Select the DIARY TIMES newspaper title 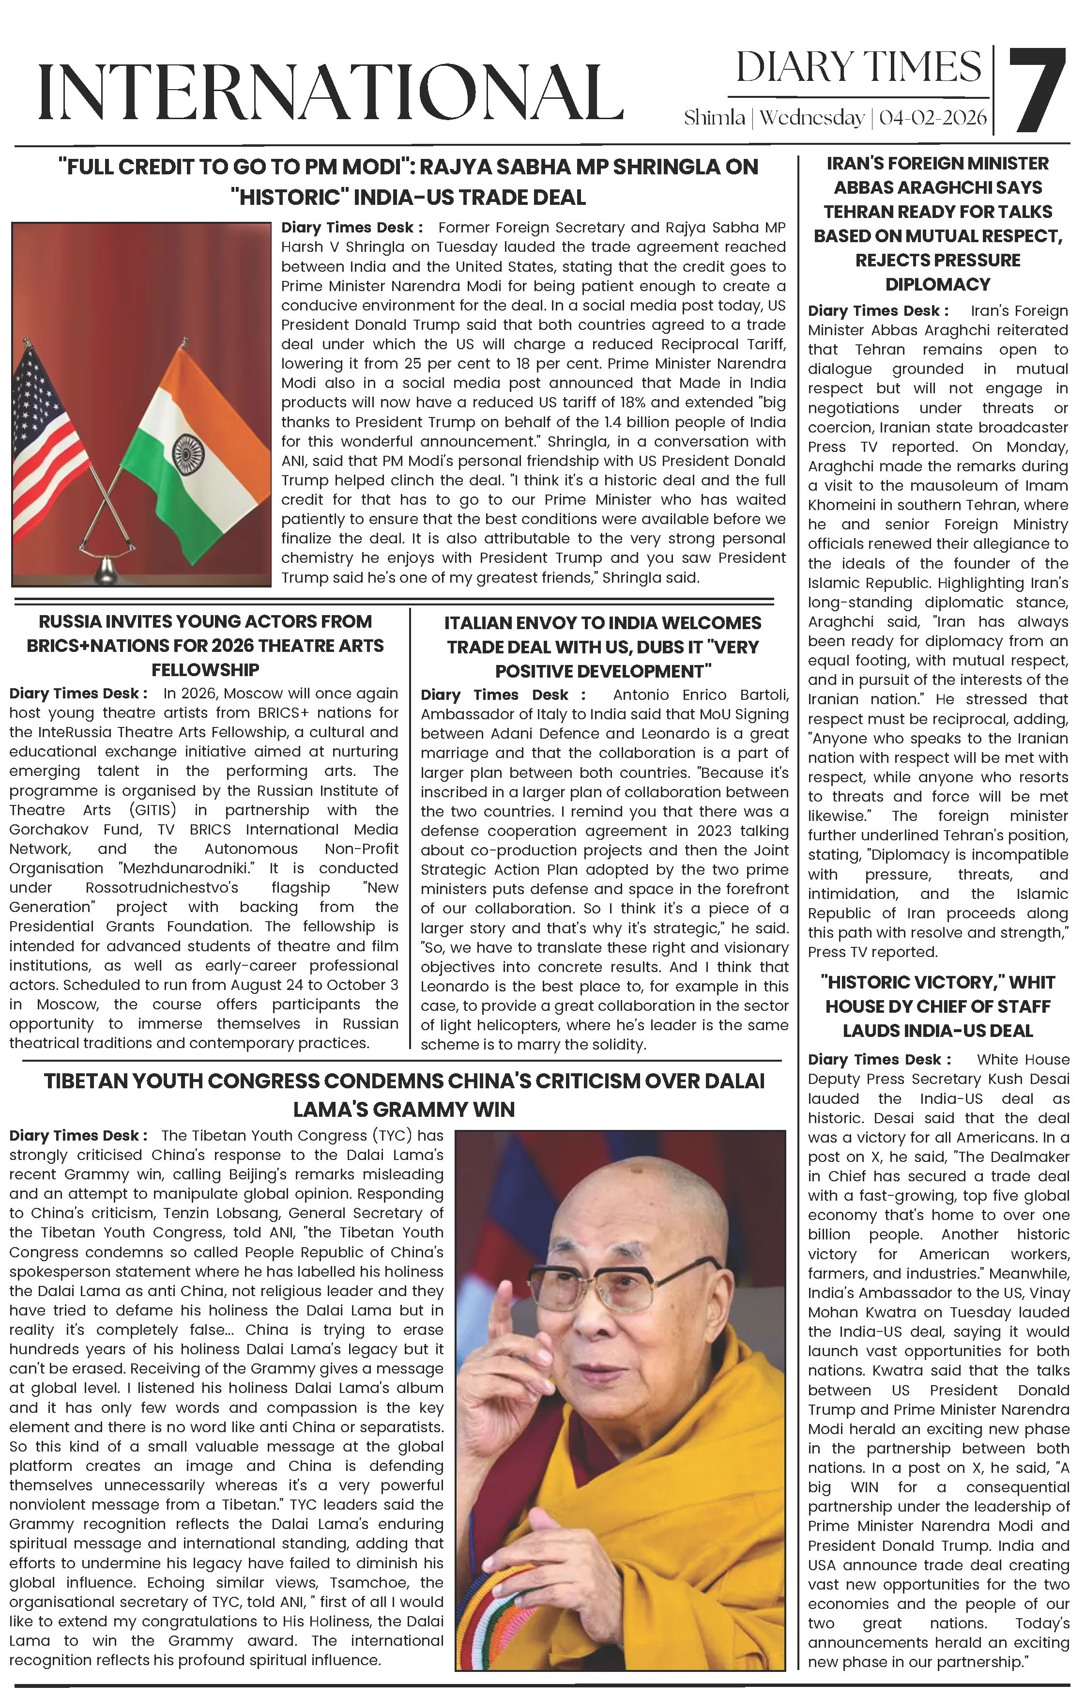[x=858, y=68]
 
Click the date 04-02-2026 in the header [x=932, y=118]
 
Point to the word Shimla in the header [x=714, y=118]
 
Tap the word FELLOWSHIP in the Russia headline [x=205, y=670]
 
